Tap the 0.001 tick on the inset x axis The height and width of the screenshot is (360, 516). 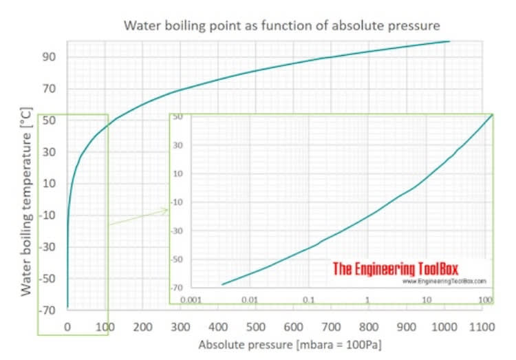[190, 300]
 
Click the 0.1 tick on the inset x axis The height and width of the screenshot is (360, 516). [308, 300]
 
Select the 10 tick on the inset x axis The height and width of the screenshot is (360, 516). [427, 300]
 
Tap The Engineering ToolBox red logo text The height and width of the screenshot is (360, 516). [395, 268]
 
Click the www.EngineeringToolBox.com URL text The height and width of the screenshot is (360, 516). [444, 282]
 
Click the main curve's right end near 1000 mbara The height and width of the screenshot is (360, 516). [449, 41]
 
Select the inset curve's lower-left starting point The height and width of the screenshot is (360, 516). [222, 284]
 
